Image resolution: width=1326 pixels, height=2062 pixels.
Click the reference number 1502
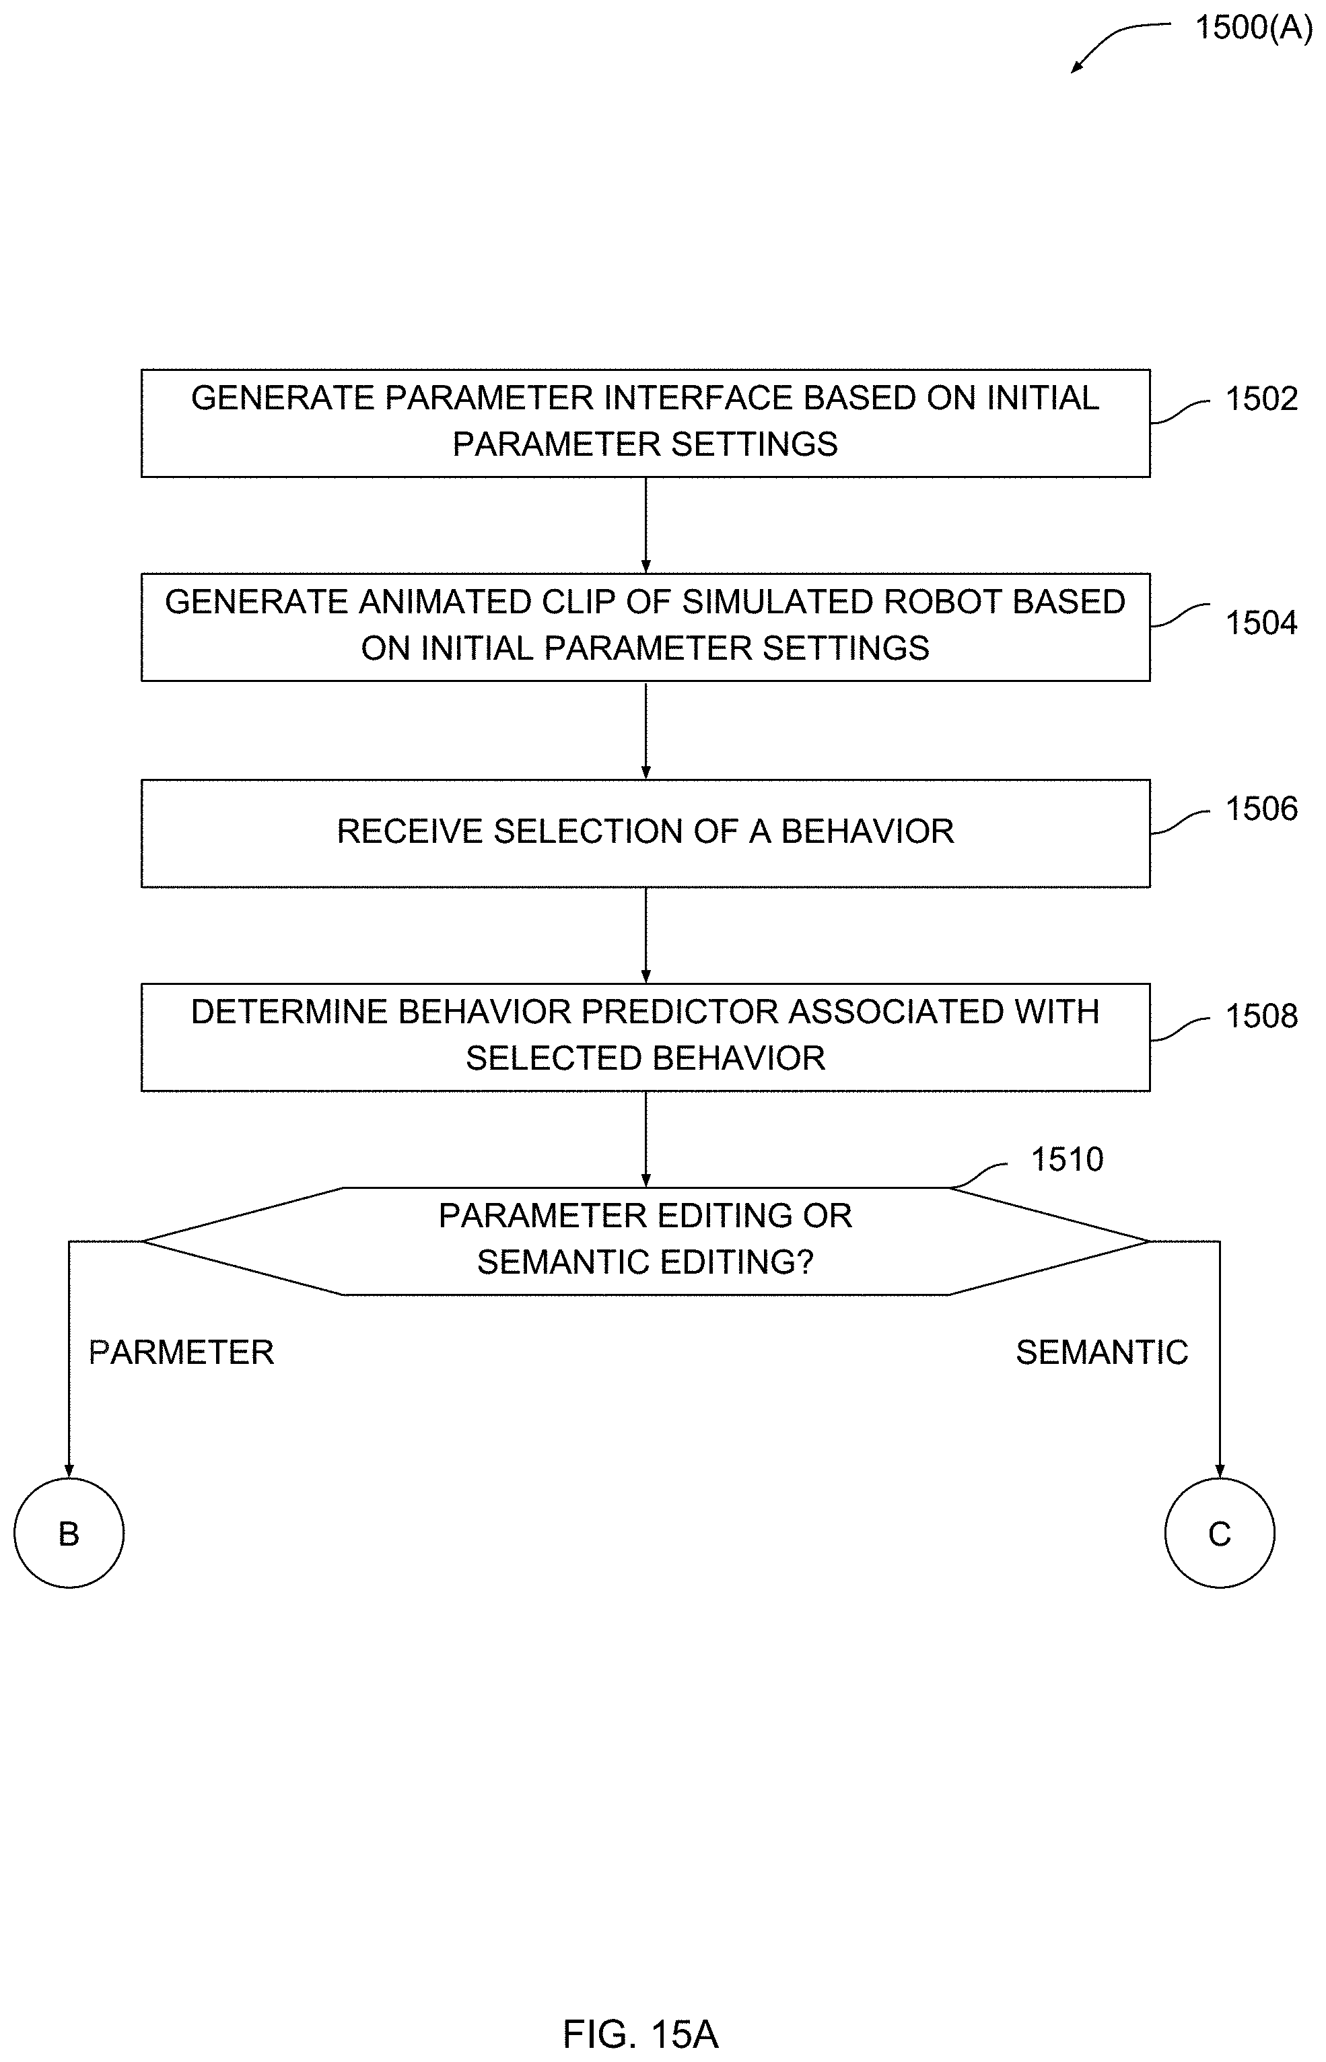point(1261,399)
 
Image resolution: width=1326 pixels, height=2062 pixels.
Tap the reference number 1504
point(1261,623)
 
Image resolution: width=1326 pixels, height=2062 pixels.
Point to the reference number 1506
point(1261,809)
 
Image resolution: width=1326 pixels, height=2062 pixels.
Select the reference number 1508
point(1261,1016)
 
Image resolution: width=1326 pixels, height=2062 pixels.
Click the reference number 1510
point(1067,1160)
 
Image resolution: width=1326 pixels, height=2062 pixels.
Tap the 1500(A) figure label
point(1254,28)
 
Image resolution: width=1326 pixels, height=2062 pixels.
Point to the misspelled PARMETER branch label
point(182,1352)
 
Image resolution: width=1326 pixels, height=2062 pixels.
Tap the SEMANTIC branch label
point(1102,1352)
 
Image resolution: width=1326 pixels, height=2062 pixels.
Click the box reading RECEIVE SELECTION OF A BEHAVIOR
point(645,833)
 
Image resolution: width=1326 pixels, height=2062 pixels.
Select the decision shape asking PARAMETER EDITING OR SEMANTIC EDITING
point(645,1241)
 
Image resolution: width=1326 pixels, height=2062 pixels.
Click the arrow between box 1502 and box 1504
point(645,525)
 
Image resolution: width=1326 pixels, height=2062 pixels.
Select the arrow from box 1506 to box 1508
point(645,936)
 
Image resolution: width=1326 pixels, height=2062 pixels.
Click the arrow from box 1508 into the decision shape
point(645,1139)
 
